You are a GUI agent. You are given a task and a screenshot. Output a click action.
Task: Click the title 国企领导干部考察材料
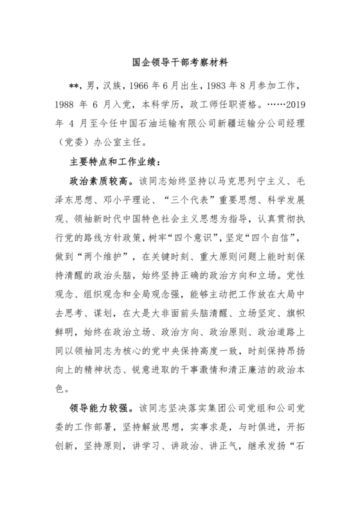click(179, 64)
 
